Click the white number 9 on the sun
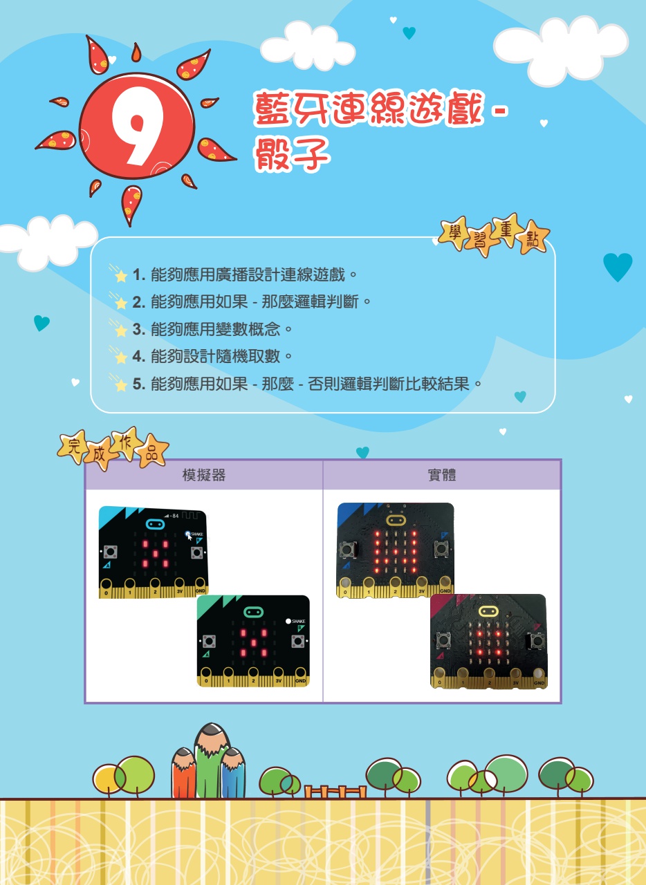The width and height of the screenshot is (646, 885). point(137,126)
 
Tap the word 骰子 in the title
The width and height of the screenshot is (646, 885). point(292,154)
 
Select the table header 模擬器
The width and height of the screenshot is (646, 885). point(204,475)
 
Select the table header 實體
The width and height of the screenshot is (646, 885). point(442,475)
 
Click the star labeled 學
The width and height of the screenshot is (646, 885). point(455,233)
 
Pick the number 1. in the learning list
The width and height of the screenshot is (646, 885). point(139,274)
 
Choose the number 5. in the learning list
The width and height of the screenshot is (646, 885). point(139,384)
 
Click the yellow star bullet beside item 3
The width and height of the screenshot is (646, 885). point(120,330)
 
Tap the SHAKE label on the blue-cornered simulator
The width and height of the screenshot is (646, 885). point(197,534)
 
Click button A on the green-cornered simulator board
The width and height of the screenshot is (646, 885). point(209,642)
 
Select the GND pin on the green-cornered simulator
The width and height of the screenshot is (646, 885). point(300,676)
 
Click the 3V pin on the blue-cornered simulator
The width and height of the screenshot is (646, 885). point(180,588)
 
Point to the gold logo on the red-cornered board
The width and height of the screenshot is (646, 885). point(489,612)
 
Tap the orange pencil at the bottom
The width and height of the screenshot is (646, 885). point(183,774)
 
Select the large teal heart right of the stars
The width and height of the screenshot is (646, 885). point(618,267)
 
